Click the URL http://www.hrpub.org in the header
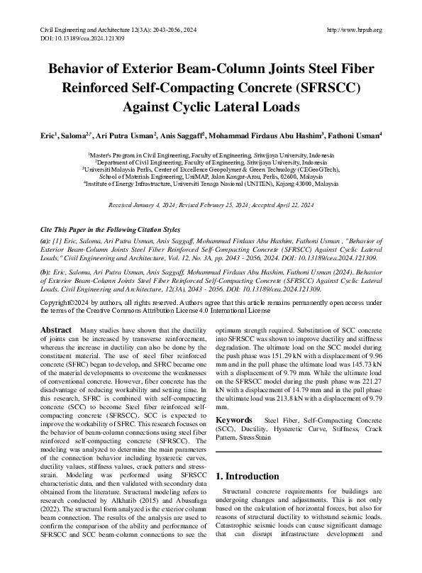pos(354,30)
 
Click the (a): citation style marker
pos(45,242)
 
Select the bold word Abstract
pos(56,330)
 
